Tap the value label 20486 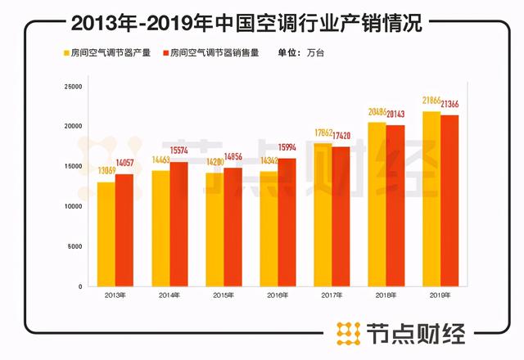377,112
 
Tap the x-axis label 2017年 332,295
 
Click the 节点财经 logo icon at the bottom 350,335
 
